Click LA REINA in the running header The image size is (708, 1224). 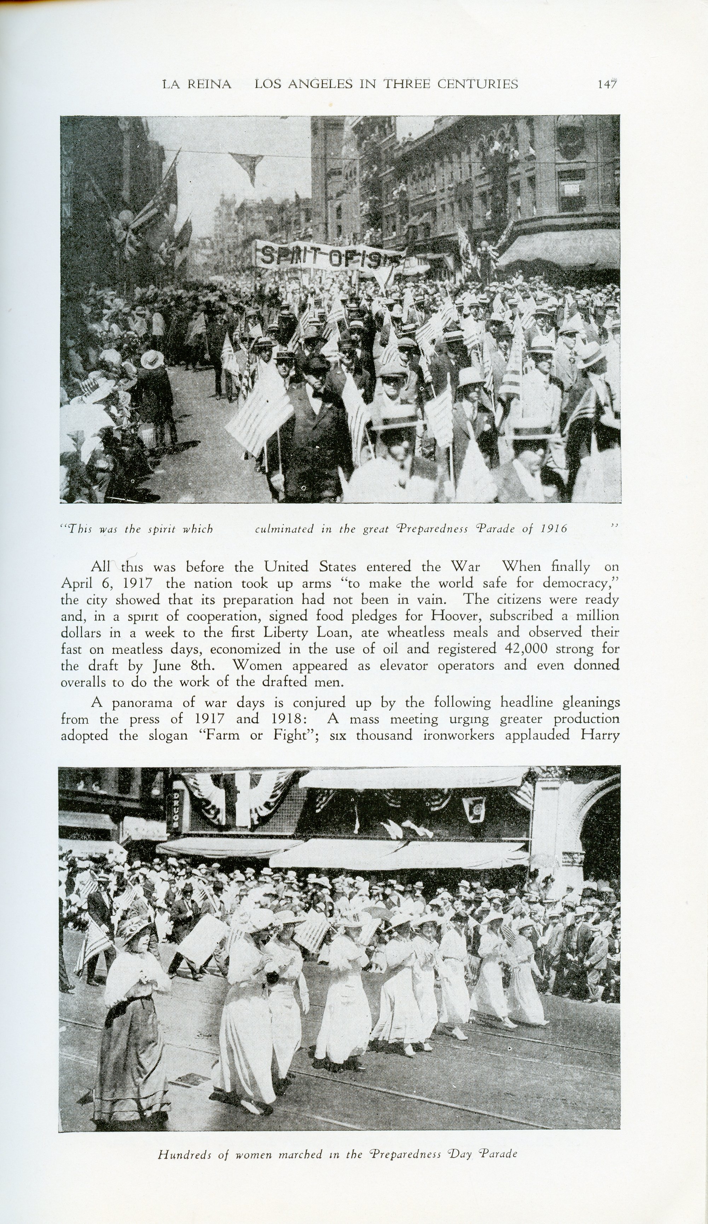pyautogui.click(x=197, y=84)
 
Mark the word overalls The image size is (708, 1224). pyautogui.click(x=83, y=682)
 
